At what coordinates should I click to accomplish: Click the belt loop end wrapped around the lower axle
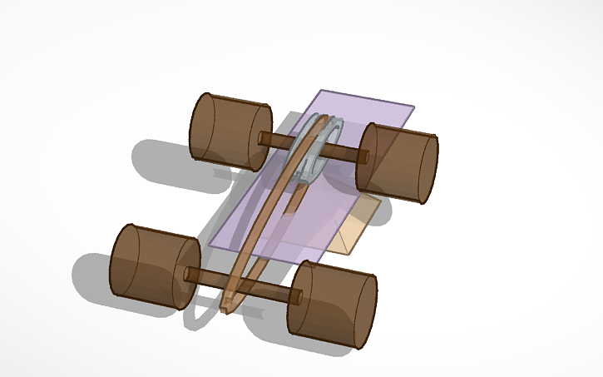pos(231,300)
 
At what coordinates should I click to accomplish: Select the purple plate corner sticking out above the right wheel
pos(413,107)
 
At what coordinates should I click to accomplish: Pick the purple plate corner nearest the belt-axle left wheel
pos(209,243)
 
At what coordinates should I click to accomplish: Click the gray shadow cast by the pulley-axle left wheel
pos(166,166)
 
